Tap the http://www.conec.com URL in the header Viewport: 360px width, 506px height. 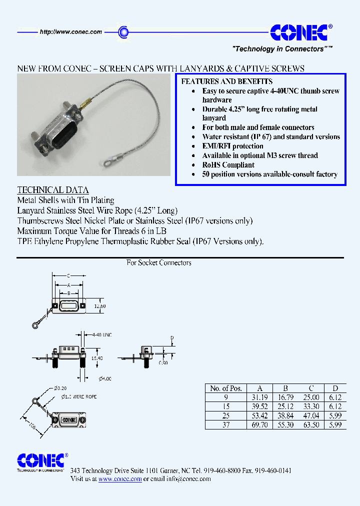pos(70,32)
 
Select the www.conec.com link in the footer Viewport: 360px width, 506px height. pos(120,479)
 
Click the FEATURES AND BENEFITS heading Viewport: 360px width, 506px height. pos(226,81)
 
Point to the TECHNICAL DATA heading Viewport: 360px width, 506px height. pos(53,190)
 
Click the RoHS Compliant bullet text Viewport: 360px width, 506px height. pos(228,165)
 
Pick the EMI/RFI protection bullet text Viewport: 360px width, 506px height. pos(232,146)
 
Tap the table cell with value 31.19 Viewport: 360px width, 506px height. pos(259,397)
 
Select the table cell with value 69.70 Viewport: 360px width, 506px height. pos(259,424)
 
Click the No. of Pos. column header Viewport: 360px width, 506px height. pos(226,388)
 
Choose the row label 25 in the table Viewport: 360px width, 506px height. pos(226,415)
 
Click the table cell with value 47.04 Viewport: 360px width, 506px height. pos(311,415)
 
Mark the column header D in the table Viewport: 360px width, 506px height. pos(335,388)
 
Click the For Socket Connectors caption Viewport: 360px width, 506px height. pos(159,263)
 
